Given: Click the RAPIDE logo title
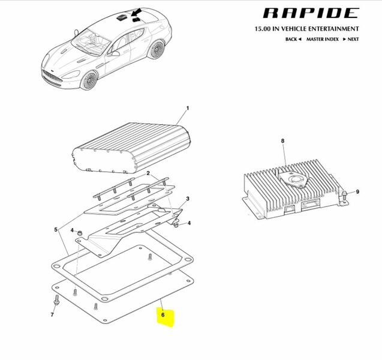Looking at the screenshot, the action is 311,13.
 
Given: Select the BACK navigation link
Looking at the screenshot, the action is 293,39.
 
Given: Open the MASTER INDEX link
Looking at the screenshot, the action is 322,39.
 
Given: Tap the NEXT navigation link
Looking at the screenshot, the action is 351,39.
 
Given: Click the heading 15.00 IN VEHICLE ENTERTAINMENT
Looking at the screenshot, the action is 306,29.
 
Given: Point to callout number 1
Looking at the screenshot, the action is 187,108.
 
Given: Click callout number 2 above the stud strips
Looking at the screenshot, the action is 148,173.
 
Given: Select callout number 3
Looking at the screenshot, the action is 187,199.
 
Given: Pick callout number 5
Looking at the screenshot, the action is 56,229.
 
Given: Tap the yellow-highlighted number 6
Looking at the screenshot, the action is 163,314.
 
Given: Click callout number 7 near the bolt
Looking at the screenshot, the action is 52,314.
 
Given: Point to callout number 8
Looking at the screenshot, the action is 282,140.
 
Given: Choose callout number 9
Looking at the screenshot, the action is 357,191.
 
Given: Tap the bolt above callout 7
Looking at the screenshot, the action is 57,300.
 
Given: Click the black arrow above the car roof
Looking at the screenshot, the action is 136,12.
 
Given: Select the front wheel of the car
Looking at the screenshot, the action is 89,80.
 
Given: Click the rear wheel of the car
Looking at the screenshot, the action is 156,49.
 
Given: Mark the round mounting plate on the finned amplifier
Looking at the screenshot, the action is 294,180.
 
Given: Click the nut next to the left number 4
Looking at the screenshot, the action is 79,233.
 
